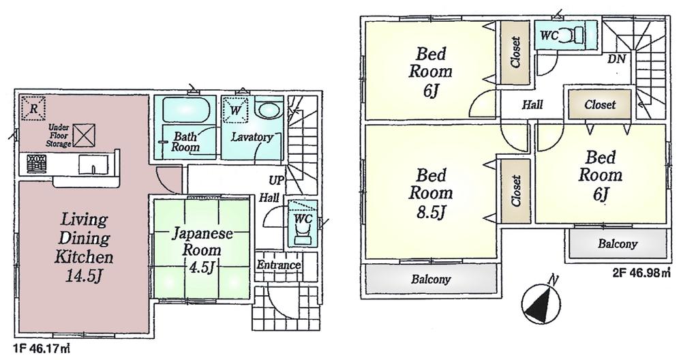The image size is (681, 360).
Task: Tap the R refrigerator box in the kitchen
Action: tap(31, 108)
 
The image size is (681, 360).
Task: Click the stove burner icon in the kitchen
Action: tap(36, 164)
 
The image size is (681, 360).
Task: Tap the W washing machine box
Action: tap(235, 108)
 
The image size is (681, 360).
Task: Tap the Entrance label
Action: tap(279, 265)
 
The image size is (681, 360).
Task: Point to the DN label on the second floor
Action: tap(617, 59)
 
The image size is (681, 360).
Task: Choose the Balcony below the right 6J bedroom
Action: tap(618, 244)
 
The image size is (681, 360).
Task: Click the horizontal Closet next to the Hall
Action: tap(600, 105)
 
